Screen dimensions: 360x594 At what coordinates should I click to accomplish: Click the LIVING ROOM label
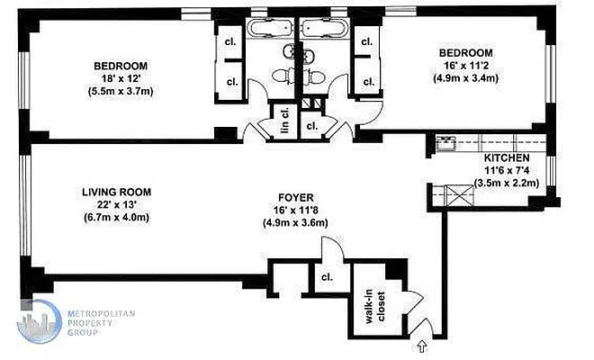coord(116,191)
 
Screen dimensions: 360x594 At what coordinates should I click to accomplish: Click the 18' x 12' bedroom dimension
coord(120,78)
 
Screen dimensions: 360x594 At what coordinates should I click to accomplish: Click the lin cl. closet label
coord(283,123)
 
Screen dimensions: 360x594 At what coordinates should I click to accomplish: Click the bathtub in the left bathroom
coord(272,28)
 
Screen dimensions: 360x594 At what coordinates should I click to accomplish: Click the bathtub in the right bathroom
coord(323,28)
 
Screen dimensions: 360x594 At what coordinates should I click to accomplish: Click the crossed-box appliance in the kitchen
coord(451,195)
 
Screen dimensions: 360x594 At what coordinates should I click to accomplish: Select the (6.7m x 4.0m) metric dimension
coord(116,218)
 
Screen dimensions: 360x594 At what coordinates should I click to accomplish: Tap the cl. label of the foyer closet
coord(328,278)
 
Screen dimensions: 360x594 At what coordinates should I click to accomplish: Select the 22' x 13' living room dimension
coord(116,204)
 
